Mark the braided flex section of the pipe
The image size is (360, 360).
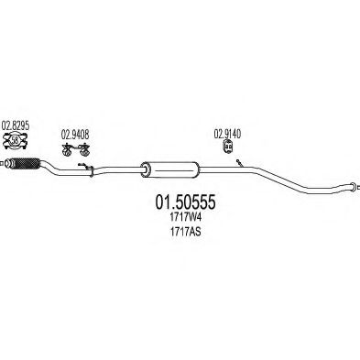[24, 166]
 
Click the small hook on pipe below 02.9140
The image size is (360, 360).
[238, 163]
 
